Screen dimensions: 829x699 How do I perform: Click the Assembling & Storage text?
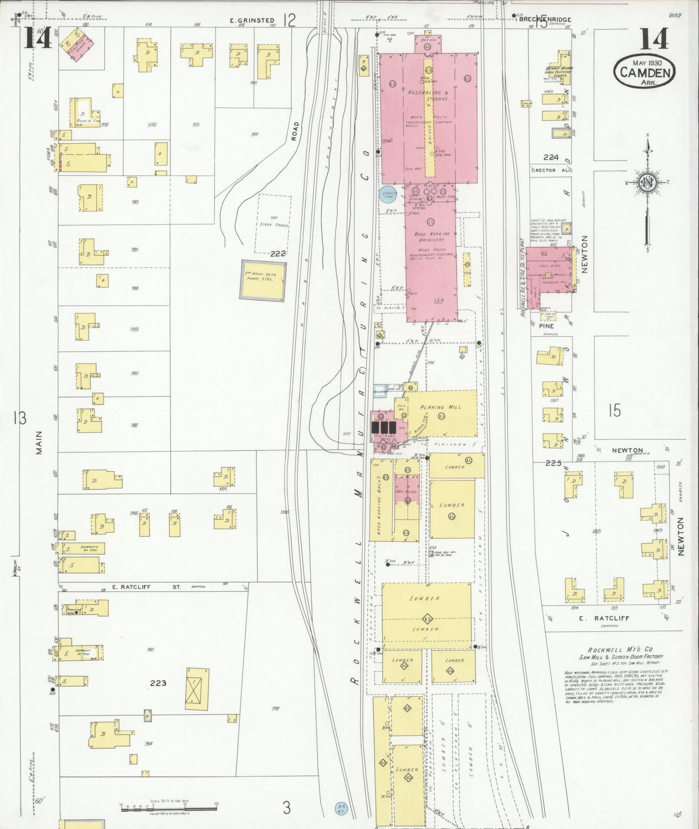[x=428, y=95]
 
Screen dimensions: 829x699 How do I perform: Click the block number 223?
[x=158, y=683]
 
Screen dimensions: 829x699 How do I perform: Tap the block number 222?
[x=278, y=253]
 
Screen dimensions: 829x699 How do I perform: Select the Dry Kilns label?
[x=406, y=491]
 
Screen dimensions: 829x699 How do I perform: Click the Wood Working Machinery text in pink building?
[x=431, y=237]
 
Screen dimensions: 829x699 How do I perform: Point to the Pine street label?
[x=546, y=326]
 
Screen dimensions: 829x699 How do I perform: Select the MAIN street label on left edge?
[x=39, y=443]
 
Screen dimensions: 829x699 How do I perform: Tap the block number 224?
[x=550, y=157]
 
